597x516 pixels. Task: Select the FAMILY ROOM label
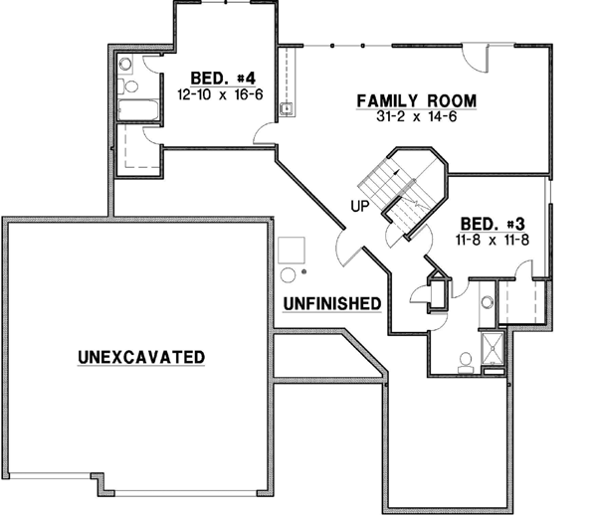coord(417,100)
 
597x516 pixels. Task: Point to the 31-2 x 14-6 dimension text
coord(417,117)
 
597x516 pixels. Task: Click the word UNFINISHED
coord(332,302)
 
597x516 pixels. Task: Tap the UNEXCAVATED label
coord(141,356)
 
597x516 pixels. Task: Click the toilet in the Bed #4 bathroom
coord(126,65)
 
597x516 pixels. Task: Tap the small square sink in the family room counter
coord(286,108)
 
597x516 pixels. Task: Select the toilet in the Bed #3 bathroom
coord(466,364)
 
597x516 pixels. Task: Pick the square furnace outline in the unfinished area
coord(291,248)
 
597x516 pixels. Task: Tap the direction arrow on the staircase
coord(396,175)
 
